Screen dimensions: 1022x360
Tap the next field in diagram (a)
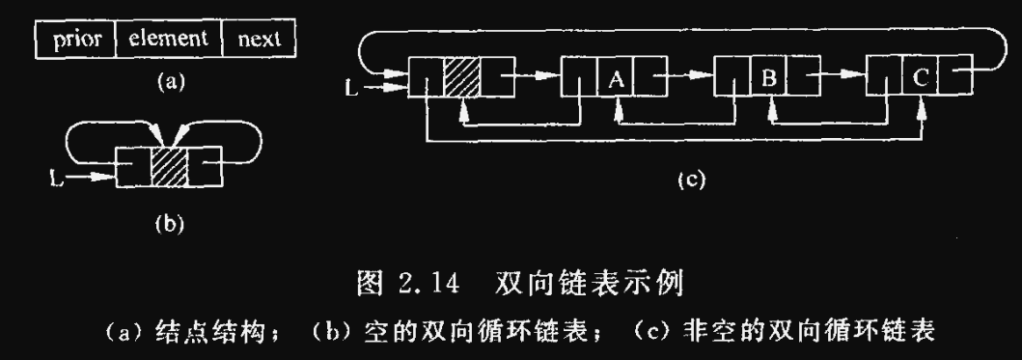coord(258,40)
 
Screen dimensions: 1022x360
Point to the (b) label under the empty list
coord(169,225)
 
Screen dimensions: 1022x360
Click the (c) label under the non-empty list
coord(689,180)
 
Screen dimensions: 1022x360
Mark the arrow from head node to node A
coord(533,72)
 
